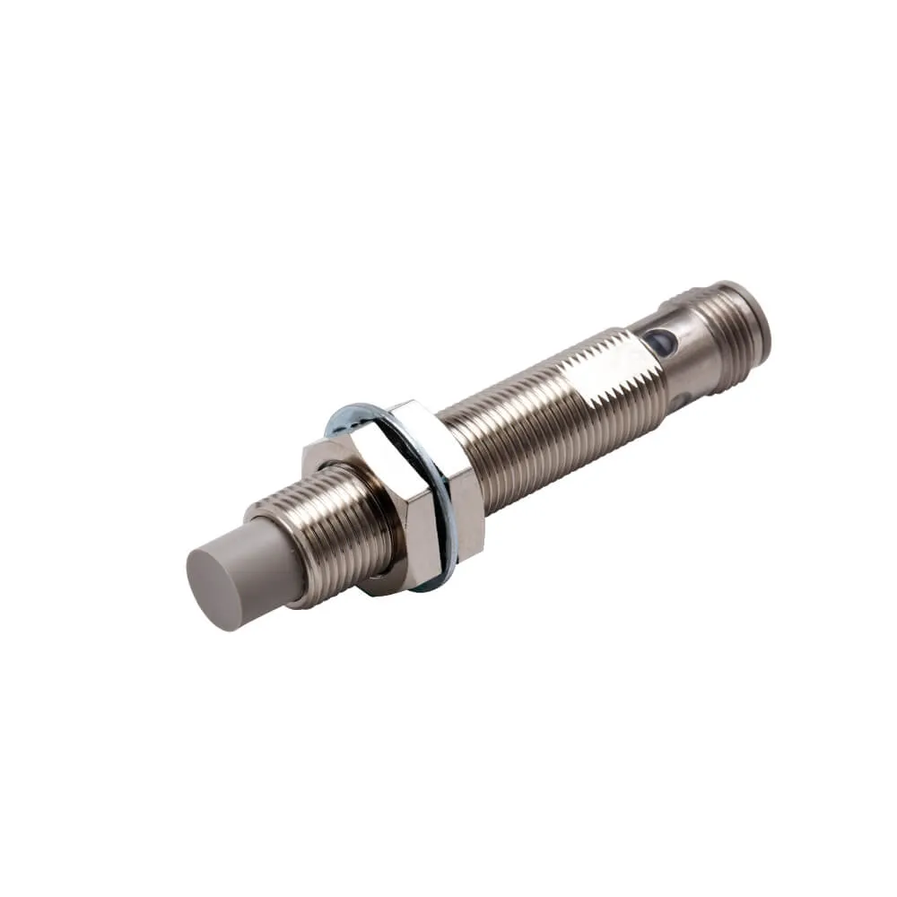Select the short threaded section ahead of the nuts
click(x=332, y=538)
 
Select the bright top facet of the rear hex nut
click(x=422, y=415)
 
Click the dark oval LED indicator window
click(x=660, y=338)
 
